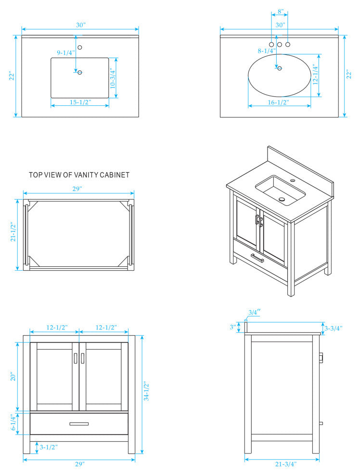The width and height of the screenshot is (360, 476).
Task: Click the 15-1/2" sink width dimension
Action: click(x=80, y=102)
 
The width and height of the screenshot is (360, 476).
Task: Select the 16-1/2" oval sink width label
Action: click(x=279, y=102)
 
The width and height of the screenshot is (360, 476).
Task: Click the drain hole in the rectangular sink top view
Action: click(x=80, y=73)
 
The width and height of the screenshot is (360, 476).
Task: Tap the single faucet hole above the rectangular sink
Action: click(x=80, y=47)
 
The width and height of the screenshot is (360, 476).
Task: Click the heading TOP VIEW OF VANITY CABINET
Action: click(x=79, y=175)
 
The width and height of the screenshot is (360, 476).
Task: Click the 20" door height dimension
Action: click(x=14, y=376)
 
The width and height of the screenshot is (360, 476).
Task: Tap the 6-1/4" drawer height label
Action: click(x=14, y=423)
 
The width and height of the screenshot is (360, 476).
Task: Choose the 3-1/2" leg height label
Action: click(x=49, y=447)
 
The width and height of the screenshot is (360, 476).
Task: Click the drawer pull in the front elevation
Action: click(x=79, y=424)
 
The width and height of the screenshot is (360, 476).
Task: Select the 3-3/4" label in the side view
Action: click(x=333, y=328)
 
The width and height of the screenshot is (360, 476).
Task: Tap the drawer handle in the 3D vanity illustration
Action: click(x=257, y=258)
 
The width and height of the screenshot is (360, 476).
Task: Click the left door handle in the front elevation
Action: click(x=75, y=359)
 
